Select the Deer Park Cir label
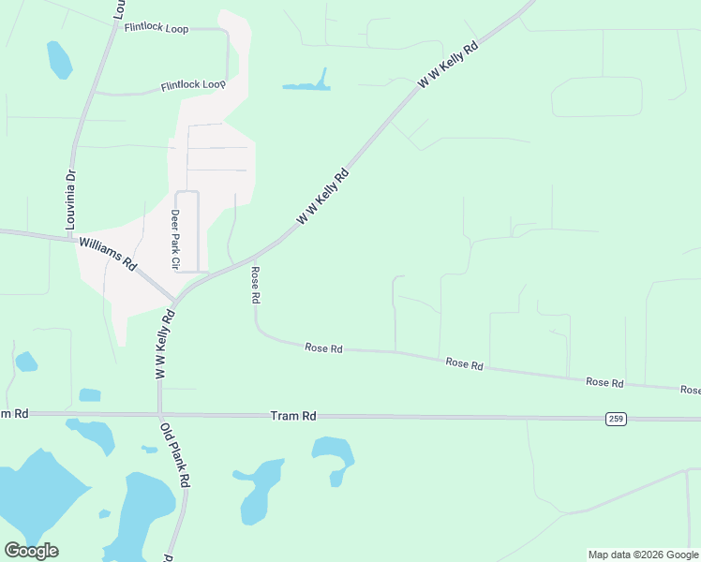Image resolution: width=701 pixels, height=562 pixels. [174, 239]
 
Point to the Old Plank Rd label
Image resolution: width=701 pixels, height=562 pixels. [175, 457]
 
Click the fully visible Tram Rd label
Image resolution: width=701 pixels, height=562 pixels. [293, 415]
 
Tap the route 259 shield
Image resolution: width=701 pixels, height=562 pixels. [615, 419]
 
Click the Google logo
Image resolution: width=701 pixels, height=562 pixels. [31, 551]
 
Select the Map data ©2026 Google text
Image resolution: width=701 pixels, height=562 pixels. [643, 555]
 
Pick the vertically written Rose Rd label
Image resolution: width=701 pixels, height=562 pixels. [254, 285]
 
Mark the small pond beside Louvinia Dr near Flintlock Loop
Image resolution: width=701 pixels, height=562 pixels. [59, 60]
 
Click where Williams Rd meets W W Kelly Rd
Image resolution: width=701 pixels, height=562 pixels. [175, 302]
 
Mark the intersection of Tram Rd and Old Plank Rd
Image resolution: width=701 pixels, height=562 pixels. [160, 414]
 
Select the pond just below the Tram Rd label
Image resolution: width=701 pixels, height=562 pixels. [332, 456]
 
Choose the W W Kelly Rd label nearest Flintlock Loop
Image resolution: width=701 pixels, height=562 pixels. [448, 64]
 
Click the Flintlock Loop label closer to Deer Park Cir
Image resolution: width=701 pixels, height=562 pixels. [193, 85]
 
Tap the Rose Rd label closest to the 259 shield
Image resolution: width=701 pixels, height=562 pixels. [604, 382]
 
